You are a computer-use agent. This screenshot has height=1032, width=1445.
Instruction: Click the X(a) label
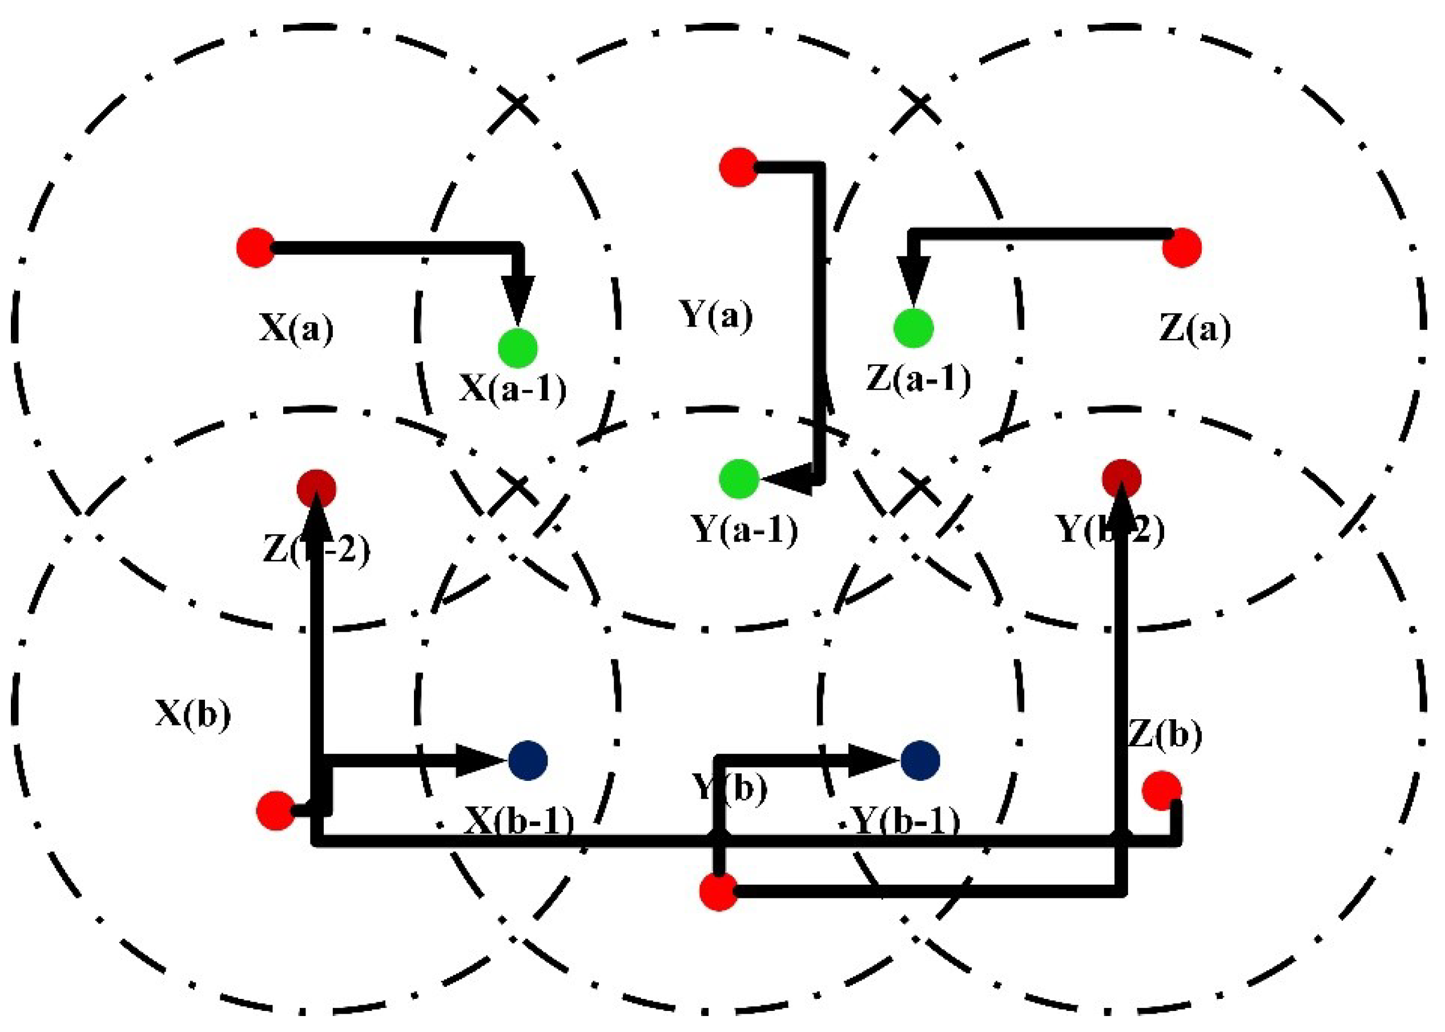(296, 329)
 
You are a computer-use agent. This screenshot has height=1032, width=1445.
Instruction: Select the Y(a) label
(716, 315)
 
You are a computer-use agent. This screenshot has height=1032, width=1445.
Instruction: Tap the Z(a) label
(1194, 329)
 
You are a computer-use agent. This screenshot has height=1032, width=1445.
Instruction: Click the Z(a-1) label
(919, 380)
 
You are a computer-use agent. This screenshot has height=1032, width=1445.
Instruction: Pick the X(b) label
(193, 714)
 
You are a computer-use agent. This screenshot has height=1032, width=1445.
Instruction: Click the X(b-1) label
(519, 821)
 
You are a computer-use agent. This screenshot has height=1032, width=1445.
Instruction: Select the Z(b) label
(1165, 735)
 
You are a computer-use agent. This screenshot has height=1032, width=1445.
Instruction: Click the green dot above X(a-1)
(518, 348)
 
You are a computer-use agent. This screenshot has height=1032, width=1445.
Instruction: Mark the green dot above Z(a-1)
(913, 328)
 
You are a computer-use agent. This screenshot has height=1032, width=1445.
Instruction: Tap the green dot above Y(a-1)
(739, 478)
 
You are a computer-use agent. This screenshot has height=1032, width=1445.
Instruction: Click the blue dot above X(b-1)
(528, 760)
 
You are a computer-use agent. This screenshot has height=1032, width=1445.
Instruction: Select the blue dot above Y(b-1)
(920, 760)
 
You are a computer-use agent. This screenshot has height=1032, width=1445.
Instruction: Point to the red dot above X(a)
(255, 247)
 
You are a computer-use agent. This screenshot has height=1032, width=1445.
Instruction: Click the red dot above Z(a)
(1182, 247)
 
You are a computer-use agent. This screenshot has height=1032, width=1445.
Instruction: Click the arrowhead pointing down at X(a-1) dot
(518, 299)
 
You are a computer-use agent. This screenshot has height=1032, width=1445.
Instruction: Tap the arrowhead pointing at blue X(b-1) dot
(480, 760)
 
